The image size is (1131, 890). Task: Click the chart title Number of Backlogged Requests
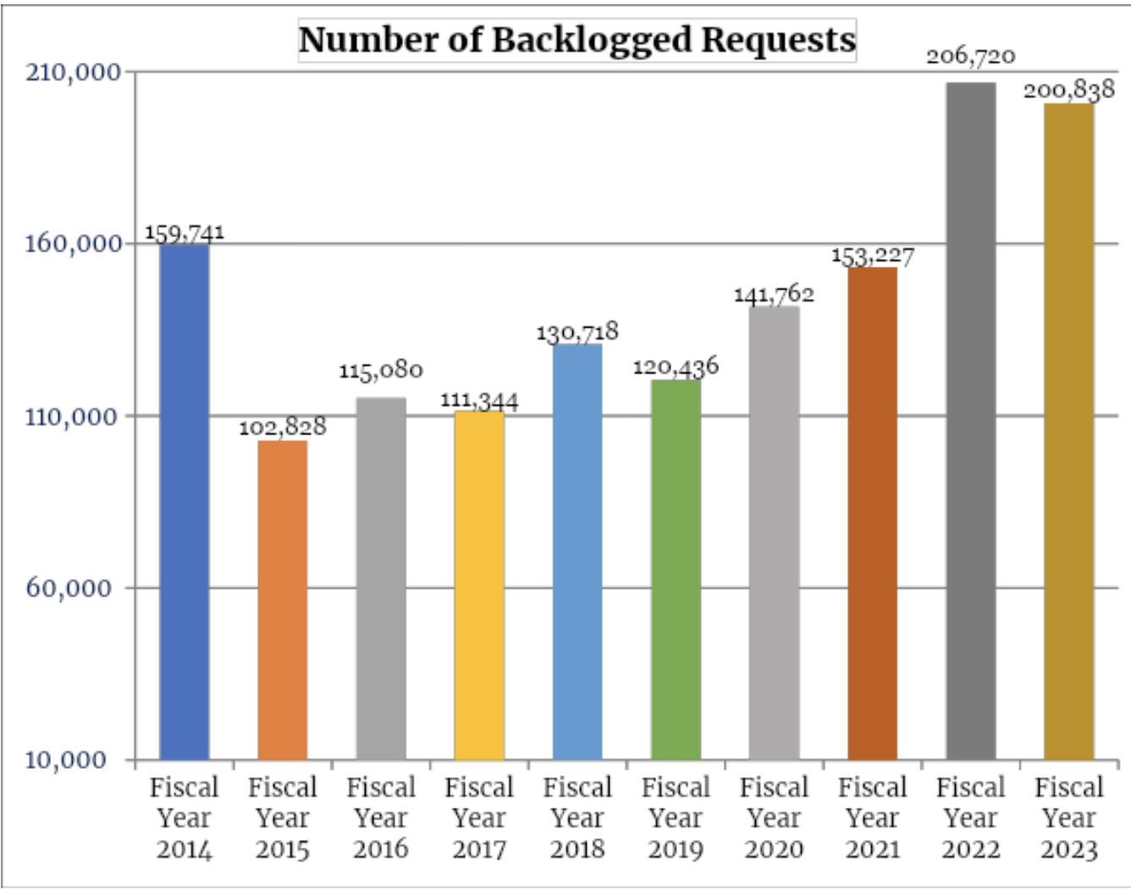[577, 40]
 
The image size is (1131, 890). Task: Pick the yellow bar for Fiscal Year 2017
[479, 585]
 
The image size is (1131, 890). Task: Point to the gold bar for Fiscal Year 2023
[1069, 431]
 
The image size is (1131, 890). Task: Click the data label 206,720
[971, 57]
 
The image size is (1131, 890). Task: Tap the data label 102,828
[283, 426]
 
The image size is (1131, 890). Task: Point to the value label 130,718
[577, 331]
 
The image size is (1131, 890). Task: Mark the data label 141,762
[774, 294]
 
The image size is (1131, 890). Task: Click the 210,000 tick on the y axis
[74, 72]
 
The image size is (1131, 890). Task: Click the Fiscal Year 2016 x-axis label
[381, 818]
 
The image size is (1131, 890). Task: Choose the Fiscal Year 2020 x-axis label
[774, 818]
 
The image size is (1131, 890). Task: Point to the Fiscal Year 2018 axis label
[577, 818]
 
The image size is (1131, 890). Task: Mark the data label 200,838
[1069, 89]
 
